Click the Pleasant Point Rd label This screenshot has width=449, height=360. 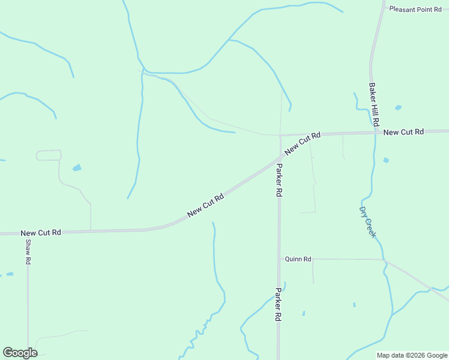415,9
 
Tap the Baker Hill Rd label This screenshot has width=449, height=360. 374,104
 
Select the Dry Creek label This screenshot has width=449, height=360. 367,222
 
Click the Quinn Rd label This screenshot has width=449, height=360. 298,259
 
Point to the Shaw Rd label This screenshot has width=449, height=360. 28,252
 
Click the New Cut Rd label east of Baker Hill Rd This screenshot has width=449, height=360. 403,132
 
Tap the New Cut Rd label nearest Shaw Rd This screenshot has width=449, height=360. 41,232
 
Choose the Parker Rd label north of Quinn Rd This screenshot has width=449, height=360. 279,180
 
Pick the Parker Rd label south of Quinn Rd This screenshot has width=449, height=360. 279,305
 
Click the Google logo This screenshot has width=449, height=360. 20,353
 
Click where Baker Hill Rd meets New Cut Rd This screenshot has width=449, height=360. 376,132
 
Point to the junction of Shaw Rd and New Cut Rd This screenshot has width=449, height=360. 28,232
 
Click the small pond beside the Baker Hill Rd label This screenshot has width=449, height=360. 398,108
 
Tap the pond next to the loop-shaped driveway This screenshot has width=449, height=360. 77,168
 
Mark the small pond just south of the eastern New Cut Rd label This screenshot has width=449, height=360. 385,160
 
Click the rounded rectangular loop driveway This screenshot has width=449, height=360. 49,155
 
